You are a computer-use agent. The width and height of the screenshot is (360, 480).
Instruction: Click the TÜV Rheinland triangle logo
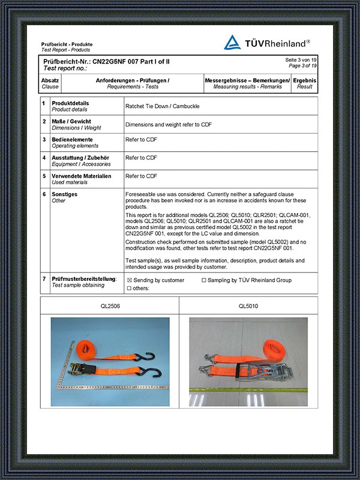coord(232,42)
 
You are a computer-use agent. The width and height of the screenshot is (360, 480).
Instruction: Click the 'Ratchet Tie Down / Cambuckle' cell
coord(162,106)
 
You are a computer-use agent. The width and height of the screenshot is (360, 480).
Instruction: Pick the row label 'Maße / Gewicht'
coord(71,121)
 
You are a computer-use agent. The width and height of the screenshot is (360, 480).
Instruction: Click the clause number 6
coord(44,194)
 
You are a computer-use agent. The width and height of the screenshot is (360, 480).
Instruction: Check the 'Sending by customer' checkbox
coord(129,280)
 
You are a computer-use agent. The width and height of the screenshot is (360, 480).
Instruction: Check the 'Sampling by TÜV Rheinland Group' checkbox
coord(204,280)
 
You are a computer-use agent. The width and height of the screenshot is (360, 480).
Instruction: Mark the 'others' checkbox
coord(129,289)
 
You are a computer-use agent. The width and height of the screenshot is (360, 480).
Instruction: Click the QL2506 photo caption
coord(110,306)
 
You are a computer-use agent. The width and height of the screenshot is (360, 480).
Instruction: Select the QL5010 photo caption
coord(248,306)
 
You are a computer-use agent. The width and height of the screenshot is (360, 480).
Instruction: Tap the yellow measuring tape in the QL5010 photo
coord(248,391)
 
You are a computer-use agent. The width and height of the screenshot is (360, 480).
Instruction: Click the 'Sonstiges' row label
coord(65,194)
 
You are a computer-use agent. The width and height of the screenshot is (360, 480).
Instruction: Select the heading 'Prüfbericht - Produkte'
coord(67,45)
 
